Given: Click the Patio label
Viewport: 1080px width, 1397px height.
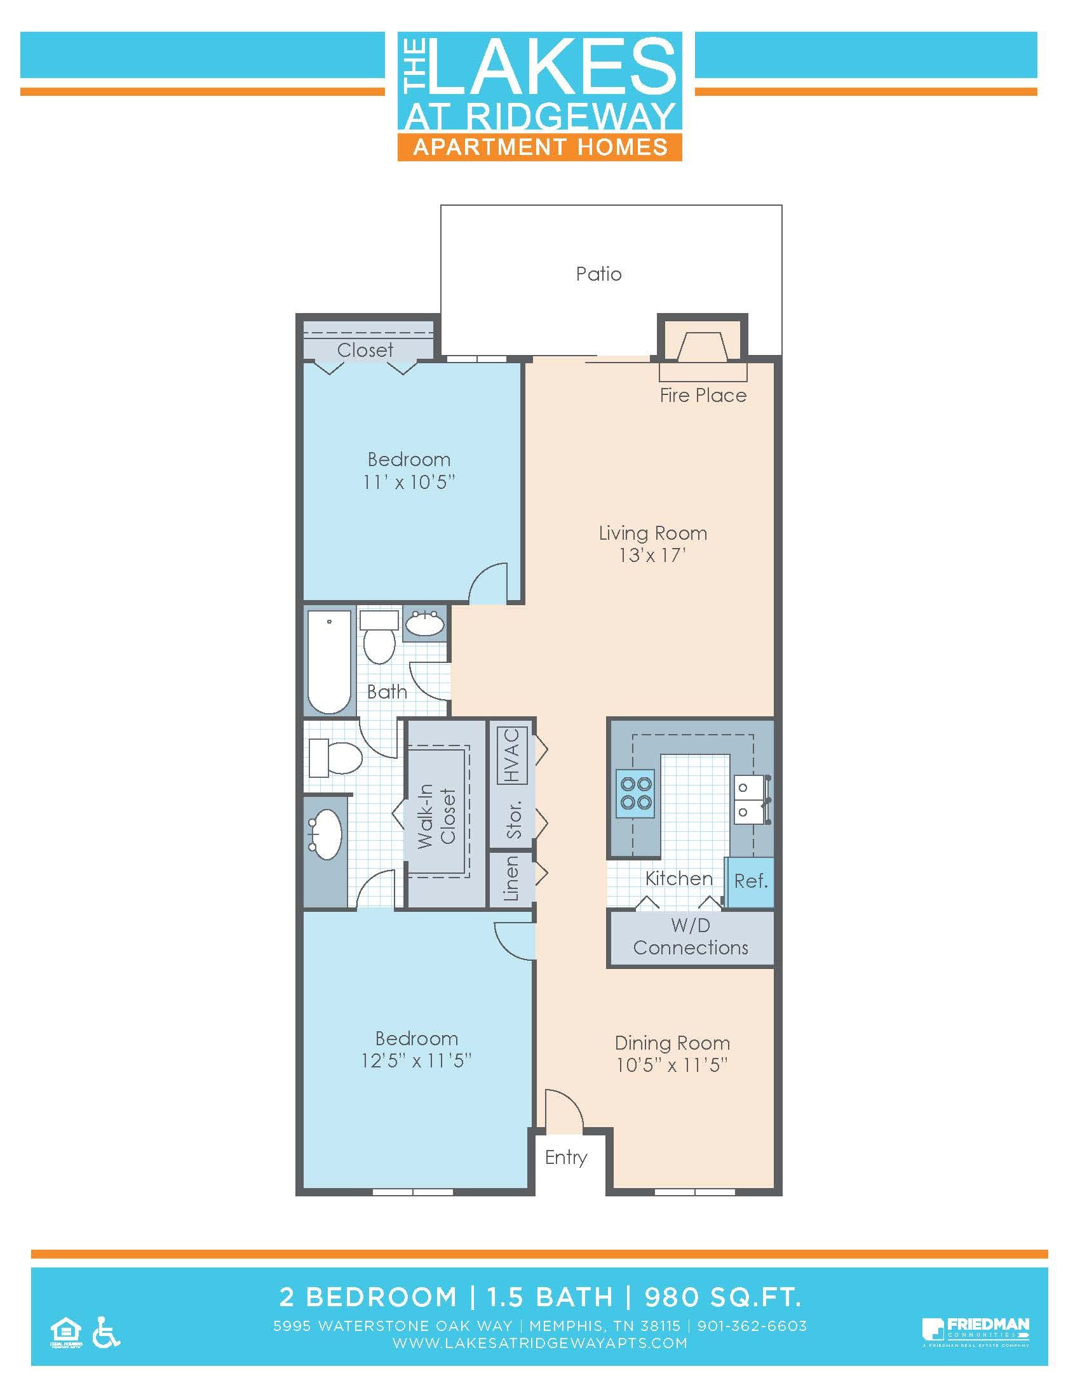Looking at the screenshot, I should pyautogui.click(x=598, y=274).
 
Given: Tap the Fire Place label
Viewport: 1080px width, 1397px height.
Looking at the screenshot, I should pyautogui.click(x=703, y=396).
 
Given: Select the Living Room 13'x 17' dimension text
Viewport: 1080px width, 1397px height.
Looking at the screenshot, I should pyautogui.click(x=652, y=555).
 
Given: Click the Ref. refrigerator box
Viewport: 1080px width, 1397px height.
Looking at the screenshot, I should pyautogui.click(x=750, y=881).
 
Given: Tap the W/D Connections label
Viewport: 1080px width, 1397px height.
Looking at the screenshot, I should pyautogui.click(x=691, y=937).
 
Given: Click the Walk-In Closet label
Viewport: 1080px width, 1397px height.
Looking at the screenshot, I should pyautogui.click(x=437, y=816).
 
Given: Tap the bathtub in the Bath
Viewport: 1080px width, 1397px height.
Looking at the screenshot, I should pyautogui.click(x=330, y=662).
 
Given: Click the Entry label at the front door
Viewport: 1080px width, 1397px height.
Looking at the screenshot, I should pyautogui.click(x=565, y=1157).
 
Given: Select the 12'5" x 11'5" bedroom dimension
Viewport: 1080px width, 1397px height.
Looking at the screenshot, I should pyautogui.click(x=416, y=1060).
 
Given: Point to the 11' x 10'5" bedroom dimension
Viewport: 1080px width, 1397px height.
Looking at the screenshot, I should pyautogui.click(x=408, y=482).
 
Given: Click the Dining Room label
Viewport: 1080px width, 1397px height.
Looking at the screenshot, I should pyautogui.click(x=672, y=1043).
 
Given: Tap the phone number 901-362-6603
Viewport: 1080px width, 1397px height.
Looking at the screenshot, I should pyautogui.click(x=752, y=1326).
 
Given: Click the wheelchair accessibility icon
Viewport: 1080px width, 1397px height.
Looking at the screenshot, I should pyautogui.click(x=105, y=1332).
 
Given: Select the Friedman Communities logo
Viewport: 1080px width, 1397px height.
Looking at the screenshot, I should pyautogui.click(x=975, y=1331).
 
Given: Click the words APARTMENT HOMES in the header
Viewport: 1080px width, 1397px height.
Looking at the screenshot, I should pyautogui.click(x=540, y=147).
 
